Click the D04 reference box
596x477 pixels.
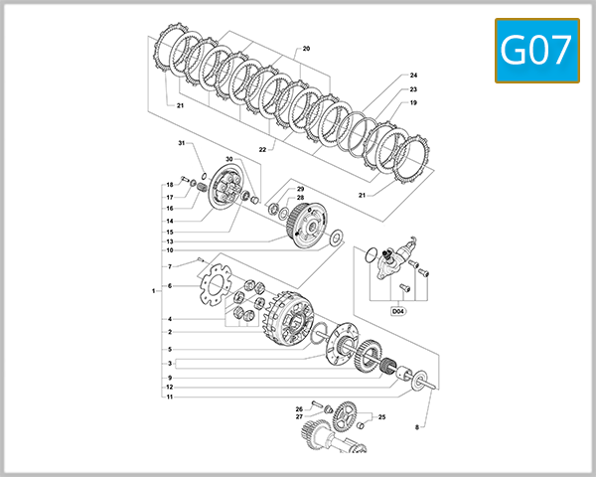(398, 311)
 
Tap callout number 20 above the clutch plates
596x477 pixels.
(306, 48)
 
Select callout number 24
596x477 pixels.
(413, 76)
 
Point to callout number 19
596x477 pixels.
(413, 103)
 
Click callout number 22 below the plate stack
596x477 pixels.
(262, 149)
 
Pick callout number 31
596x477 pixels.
(182, 144)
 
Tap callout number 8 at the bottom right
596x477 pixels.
(417, 426)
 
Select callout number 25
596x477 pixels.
(381, 417)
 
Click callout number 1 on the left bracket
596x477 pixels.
(154, 291)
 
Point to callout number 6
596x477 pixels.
(170, 286)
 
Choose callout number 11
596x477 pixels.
(170, 397)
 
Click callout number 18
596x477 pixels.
(170, 186)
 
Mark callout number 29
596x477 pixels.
(300, 189)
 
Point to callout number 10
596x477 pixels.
(170, 250)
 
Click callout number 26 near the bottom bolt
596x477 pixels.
(298, 408)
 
